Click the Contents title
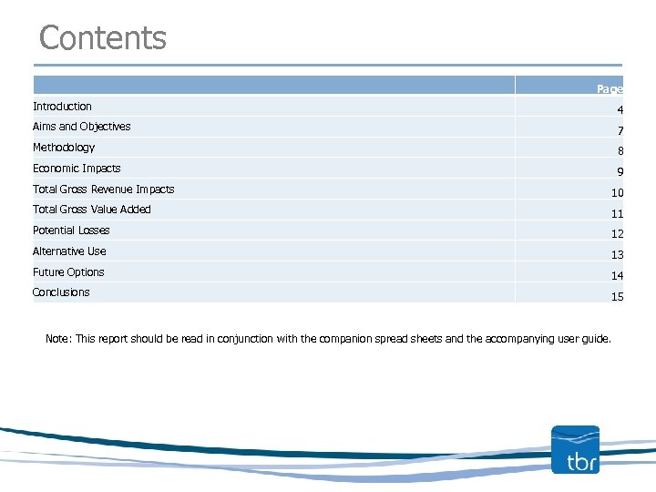pyautogui.click(x=103, y=38)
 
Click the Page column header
pyautogui.click(x=610, y=88)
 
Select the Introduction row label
pyautogui.click(x=62, y=107)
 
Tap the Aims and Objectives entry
pyautogui.click(x=81, y=127)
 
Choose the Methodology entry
pyautogui.click(x=64, y=148)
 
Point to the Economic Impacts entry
pyautogui.click(x=77, y=169)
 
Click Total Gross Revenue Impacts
pyautogui.click(x=103, y=190)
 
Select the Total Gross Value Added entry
pyautogui.click(x=92, y=210)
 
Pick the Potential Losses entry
pyautogui.click(x=71, y=231)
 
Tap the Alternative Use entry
pyautogui.click(x=69, y=251)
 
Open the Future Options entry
pyautogui.click(x=68, y=272)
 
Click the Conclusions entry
pyautogui.click(x=61, y=292)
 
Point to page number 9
pyautogui.click(x=620, y=172)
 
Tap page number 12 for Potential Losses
pyautogui.click(x=617, y=234)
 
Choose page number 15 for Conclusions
pyautogui.click(x=617, y=297)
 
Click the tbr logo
pyautogui.click(x=576, y=450)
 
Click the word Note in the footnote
pyautogui.click(x=56, y=339)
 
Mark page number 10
pyautogui.click(x=617, y=193)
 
